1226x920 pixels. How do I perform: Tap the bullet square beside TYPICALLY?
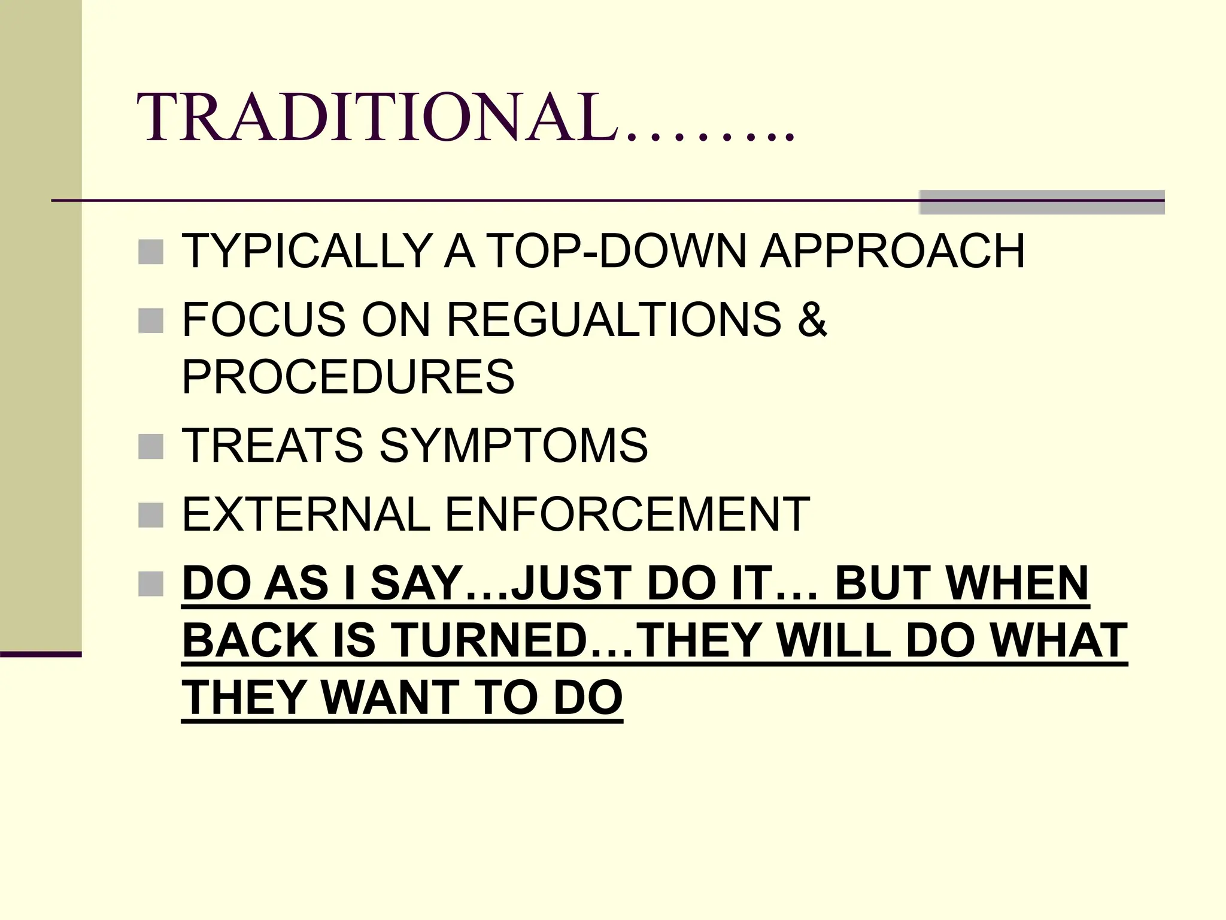151,252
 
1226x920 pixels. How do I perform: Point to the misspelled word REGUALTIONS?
614,319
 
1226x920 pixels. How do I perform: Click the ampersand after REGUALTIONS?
812,319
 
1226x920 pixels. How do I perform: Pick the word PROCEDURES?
348,377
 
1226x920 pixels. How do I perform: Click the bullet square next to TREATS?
151,447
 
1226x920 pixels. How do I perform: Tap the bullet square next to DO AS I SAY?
151,584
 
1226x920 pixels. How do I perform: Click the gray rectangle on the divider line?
1042,202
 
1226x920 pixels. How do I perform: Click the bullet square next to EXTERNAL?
151,515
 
